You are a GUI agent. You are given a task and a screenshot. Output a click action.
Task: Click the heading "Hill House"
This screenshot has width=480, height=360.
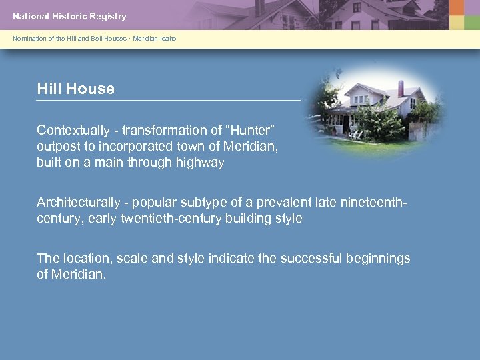[x=75, y=89]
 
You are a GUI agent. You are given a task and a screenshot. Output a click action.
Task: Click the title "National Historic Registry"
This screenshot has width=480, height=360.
[x=69, y=16]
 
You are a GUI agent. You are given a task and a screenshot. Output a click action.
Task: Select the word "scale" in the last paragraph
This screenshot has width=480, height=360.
[x=130, y=258]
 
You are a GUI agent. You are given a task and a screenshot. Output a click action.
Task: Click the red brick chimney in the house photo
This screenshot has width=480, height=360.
[x=401, y=88]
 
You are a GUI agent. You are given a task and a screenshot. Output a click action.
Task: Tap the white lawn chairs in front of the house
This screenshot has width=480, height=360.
[x=356, y=133]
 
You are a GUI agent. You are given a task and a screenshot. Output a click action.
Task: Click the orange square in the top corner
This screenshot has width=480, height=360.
[x=456, y=7]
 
